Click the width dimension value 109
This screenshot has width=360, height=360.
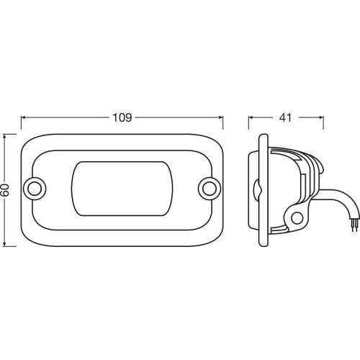coord(122,117)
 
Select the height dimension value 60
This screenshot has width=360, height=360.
coord(6,190)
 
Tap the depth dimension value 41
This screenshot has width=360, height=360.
coord(286,117)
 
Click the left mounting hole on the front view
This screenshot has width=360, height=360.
coord(33,188)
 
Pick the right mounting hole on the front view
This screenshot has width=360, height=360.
coord(209,188)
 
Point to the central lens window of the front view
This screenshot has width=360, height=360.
coord(121,189)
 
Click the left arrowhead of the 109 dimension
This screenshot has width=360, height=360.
coord(24,117)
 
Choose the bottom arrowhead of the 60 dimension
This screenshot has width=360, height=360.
coord(6,243)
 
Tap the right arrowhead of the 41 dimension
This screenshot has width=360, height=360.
coord(320,117)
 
